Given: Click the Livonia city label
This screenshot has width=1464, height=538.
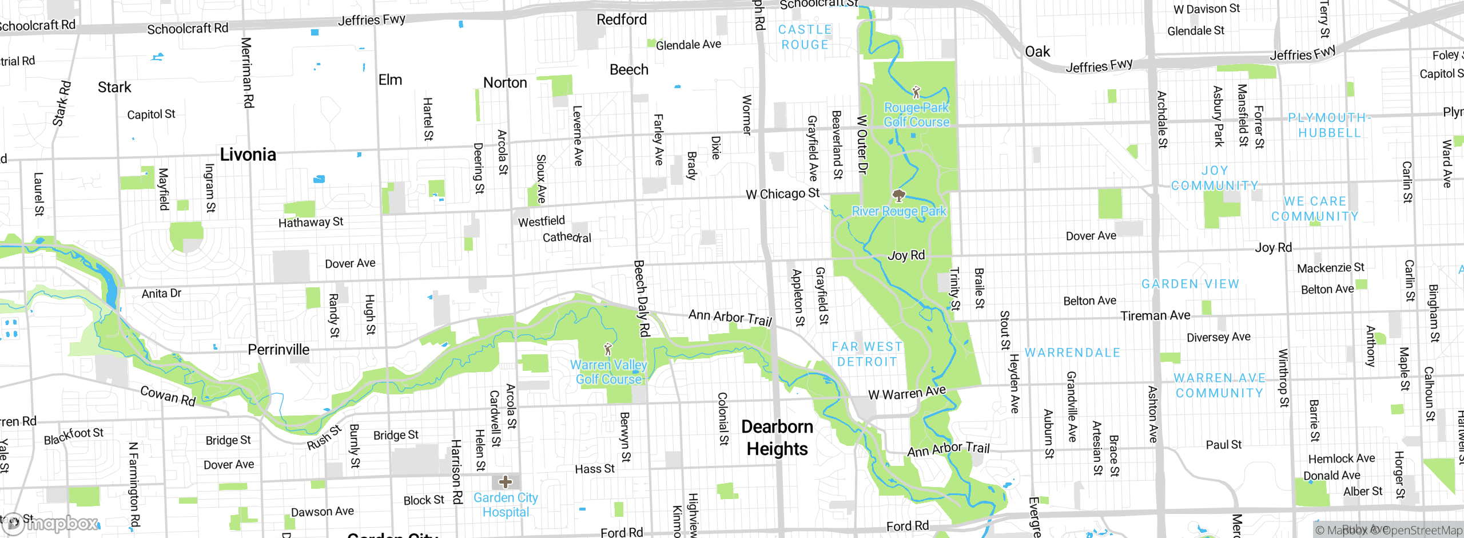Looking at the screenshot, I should [x=248, y=155].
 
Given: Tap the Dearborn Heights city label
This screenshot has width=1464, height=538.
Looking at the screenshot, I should [x=777, y=438].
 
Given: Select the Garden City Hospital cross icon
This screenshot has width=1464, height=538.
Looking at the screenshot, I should [x=506, y=481].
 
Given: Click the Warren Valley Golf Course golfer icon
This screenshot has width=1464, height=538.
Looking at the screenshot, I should [x=608, y=349].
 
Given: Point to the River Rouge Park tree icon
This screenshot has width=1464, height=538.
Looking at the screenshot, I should [x=899, y=196].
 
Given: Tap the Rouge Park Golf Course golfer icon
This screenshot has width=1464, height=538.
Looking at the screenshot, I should [x=916, y=92].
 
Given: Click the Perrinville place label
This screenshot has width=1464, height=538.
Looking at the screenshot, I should [x=279, y=350].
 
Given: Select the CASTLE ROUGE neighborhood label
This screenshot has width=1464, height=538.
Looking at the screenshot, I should [x=805, y=37].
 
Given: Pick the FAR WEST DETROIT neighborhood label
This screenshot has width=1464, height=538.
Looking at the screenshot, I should [x=867, y=354].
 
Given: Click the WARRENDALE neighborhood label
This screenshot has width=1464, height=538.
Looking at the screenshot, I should [x=1072, y=353].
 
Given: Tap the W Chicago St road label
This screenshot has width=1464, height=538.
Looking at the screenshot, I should [x=782, y=194].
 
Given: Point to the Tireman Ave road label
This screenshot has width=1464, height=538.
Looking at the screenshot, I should [x=1155, y=315].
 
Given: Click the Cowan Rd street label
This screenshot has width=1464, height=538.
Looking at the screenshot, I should [x=168, y=395].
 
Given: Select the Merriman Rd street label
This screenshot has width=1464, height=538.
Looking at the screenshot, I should [x=247, y=73].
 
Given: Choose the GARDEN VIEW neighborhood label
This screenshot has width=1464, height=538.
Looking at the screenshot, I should [x=1190, y=284].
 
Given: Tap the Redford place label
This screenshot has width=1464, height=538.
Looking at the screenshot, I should [x=622, y=19].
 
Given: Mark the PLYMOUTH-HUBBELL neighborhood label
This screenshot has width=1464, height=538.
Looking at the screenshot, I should [x=1328, y=125].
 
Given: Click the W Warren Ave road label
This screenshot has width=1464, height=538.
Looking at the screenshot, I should [x=907, y=393].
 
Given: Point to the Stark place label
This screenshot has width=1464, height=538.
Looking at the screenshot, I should [x=114, y=87].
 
